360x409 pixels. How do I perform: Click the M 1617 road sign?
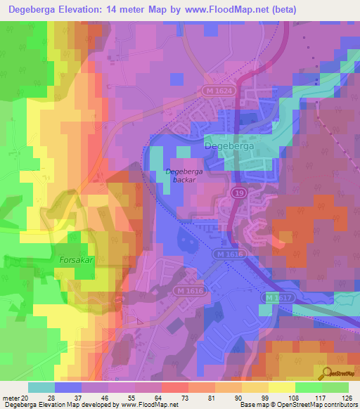278,298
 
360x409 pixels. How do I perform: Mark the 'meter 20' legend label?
13,397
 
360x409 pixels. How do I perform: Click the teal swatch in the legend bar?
41,387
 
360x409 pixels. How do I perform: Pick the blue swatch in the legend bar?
68,387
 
